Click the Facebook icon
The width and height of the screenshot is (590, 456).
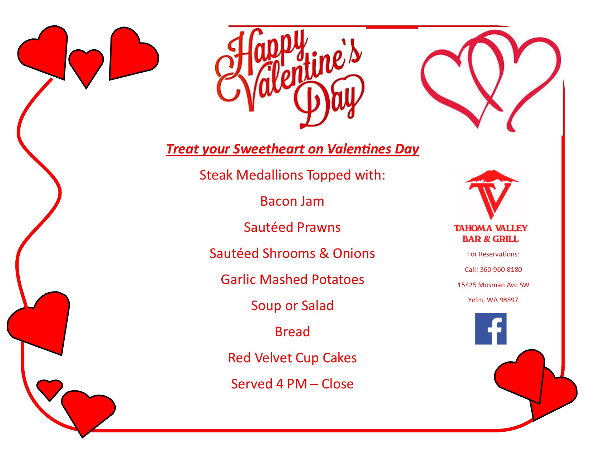pyautogui.click(x=490, y=329)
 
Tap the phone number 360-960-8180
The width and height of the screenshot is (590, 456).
pyautogui.click(x=501, y=269)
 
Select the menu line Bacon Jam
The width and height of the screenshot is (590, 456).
pyautogui.click(x=292, y=201)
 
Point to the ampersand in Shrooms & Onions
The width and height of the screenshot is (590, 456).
pyautogui.click(x=324, y=254)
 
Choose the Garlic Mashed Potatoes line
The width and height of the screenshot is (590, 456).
pyautogui.click(x=292, y=279)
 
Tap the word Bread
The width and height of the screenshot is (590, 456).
pyautogui.click(x=292, y=332)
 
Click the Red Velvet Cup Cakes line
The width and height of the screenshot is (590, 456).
pyautogui.click(x=292, y=358)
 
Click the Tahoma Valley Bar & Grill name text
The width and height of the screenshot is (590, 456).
pyautogui.click(x=491, y=233)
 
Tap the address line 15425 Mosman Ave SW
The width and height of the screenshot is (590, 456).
pyautogui.click(x=493, y=285)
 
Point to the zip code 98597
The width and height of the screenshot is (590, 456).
pyautogui.click(x=509, y=300)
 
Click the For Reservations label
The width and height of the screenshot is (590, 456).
pyautogui.click(x=493, y=254)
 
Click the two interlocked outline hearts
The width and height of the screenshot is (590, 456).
pyautogui.click(x=491, y=81)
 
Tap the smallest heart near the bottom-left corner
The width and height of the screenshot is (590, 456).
pyautogui.click(x=50, y=389)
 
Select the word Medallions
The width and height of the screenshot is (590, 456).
pyautogui.click(x=270, y=175)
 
